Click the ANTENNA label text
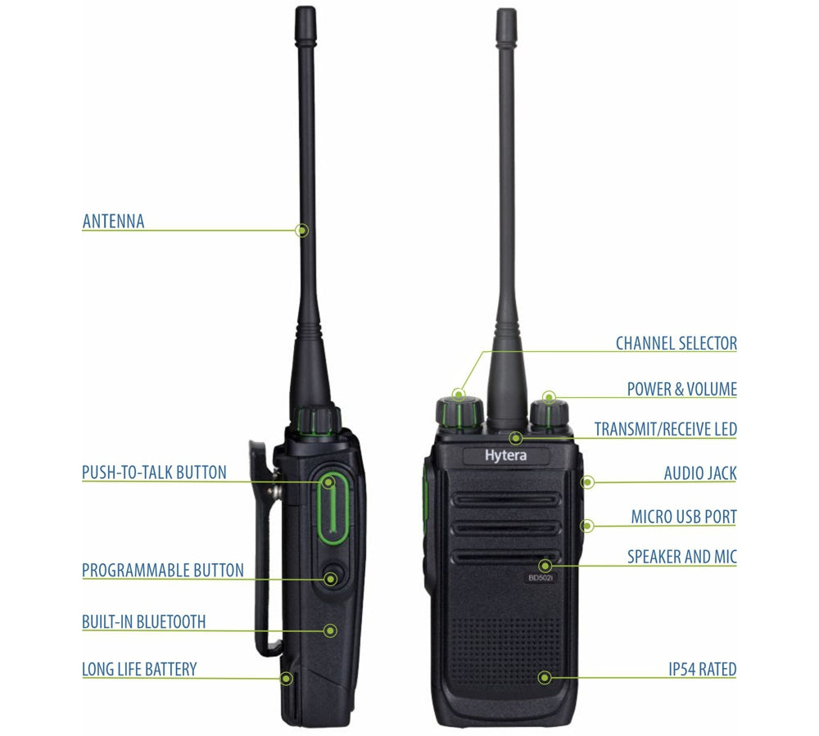pyautogui.click(x=113, y=221)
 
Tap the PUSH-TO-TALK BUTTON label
pyautogui.click(x=154, y=472)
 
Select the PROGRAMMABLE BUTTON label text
pyautogui.click(x=163, y=570)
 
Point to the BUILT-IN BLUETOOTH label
pyautogui.click(x=143, y=621)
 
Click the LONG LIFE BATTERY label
pyautogui.click(x=139, y=669)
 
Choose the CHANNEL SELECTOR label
pyautogui.click(x=676, y=344)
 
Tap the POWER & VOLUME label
pyautogui.click(x=682, y=389)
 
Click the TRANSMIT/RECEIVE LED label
pyautogui.click(x=666, y=429)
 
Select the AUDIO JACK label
pyautogui.click(x=700, y=473)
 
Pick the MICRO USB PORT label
pyautogui.click(x=684, y=517)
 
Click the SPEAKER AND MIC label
pyautogui.click(x=682, y=557)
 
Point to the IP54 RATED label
pyautogui.click(x=703, y=669)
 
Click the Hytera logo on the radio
pyautogui.click(x=505, y=456)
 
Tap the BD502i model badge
pyautogui.click(x=540, y=578)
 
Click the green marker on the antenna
pyautogui.click(x=302, y=230)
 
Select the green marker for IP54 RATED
pyautogui.click(x=545, y=678)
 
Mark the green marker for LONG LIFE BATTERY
pyautogui.click(x=286, y=679)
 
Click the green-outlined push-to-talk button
pyautogui.click(x=333, y=508)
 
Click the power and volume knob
pyautogui.click(x=550, y=414)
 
